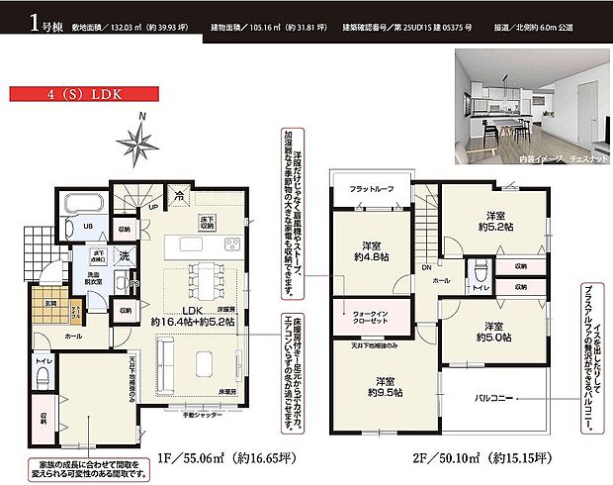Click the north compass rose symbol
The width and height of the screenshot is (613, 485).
pos(139,139)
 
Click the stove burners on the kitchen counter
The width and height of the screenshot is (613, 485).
pos(230,244)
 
